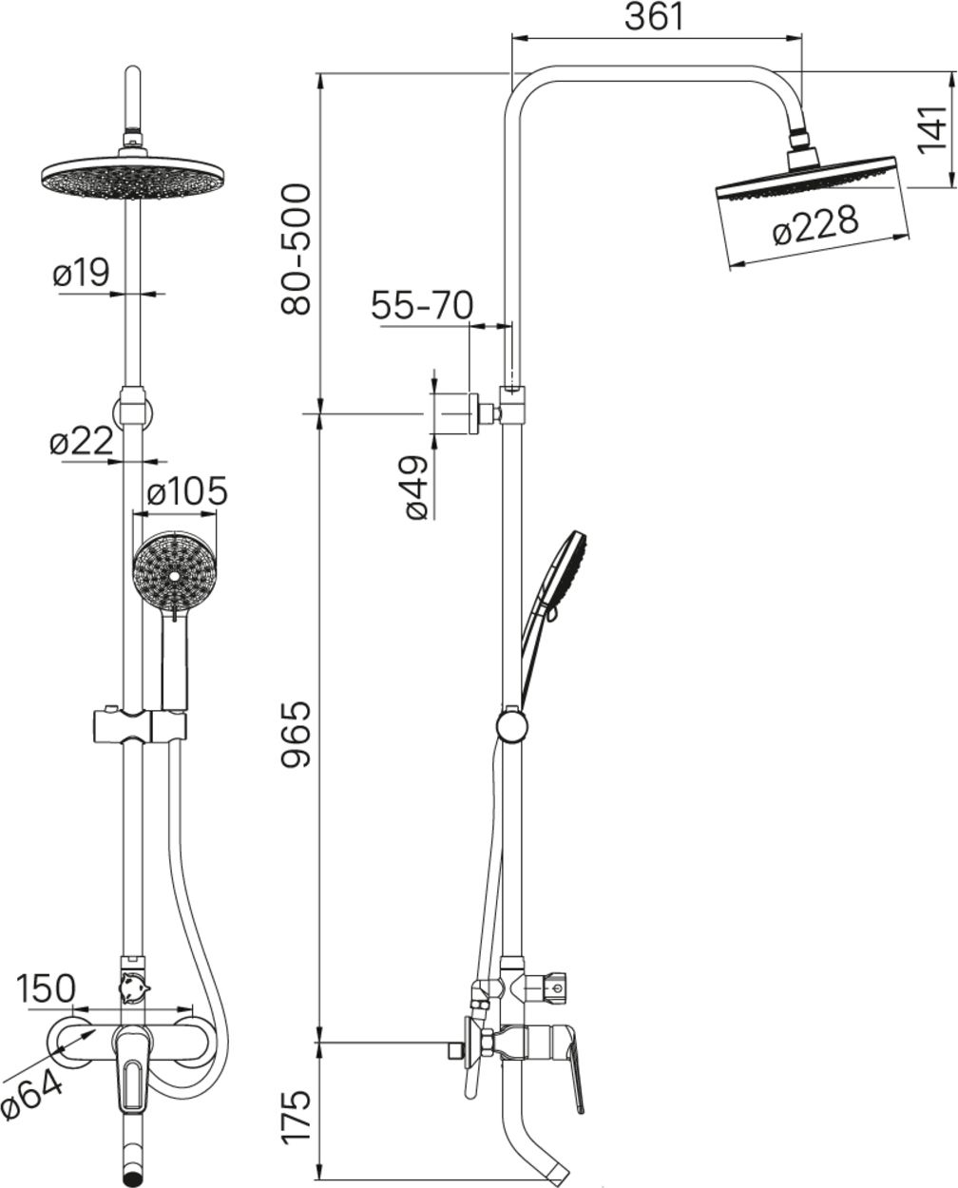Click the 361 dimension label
point(655,17)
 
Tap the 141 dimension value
point(932,130)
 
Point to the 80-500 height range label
point(296,250)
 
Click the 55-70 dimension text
point(422,305)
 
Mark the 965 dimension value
point(296,735)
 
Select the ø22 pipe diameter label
point(81,442)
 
